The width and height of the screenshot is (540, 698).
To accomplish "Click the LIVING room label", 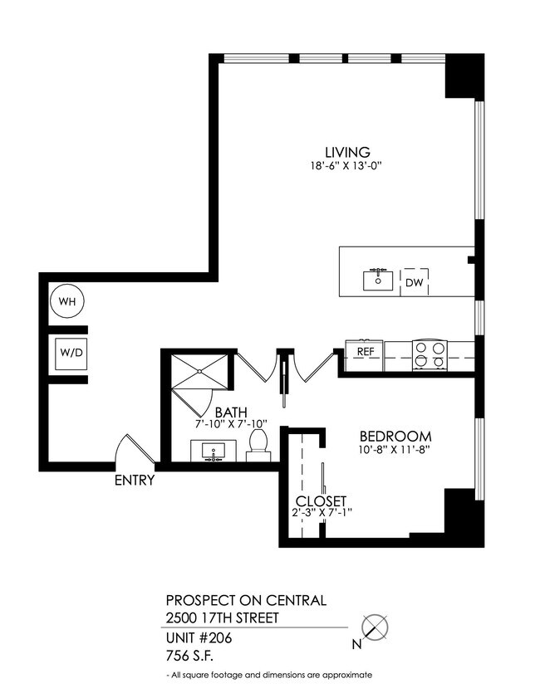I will [346, 152].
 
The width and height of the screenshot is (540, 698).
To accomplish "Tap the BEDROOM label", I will [395, 437].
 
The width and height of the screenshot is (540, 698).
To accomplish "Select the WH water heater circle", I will [67, 300].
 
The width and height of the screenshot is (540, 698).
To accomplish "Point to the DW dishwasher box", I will [414, 282].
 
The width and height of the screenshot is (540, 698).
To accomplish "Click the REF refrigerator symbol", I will [364, 351].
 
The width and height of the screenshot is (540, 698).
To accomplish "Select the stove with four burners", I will [430, 354].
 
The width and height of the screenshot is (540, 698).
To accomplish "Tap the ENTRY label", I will [134, 480].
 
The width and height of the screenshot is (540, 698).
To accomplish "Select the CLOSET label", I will [321, 501].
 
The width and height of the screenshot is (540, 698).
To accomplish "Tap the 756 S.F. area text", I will [189, 656].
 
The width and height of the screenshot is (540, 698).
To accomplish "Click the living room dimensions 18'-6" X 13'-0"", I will [346, 166].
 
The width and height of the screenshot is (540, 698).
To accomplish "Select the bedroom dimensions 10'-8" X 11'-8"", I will [395, 451].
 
